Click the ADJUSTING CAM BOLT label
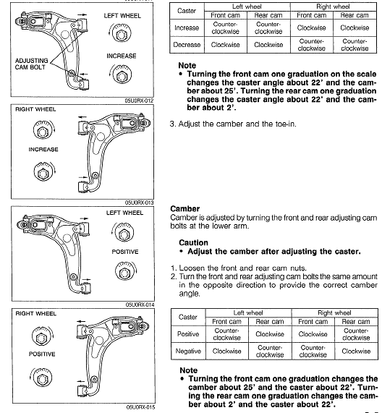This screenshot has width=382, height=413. coord(31,64)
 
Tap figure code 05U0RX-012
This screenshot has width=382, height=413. coord(139,101)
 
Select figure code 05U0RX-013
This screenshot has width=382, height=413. coord(139,203)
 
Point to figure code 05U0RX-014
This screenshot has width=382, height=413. coord(140,305)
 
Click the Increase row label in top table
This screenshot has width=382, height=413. coord(187,27)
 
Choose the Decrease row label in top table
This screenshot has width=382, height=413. coord(187,45)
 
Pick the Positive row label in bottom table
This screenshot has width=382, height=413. coord(188,334)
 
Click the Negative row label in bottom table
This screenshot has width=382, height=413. coord(188,351)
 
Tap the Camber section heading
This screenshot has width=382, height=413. coord(185,208)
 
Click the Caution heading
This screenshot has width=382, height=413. coord(193,242)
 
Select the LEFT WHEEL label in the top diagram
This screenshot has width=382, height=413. coord(122,16)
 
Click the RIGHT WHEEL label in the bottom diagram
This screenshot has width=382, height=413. coord(36,314)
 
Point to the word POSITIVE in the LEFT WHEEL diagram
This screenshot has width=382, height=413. coord(125,252)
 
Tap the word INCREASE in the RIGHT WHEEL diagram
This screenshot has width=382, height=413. coord(43,149)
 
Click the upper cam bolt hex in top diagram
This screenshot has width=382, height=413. coord(121,34)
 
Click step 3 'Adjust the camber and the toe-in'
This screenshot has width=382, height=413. coord(233,124)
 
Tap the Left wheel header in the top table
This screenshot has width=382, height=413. coord(247,7)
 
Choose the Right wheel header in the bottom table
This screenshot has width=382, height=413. coord(334,313)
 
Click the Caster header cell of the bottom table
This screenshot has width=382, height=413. coord(188,317)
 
